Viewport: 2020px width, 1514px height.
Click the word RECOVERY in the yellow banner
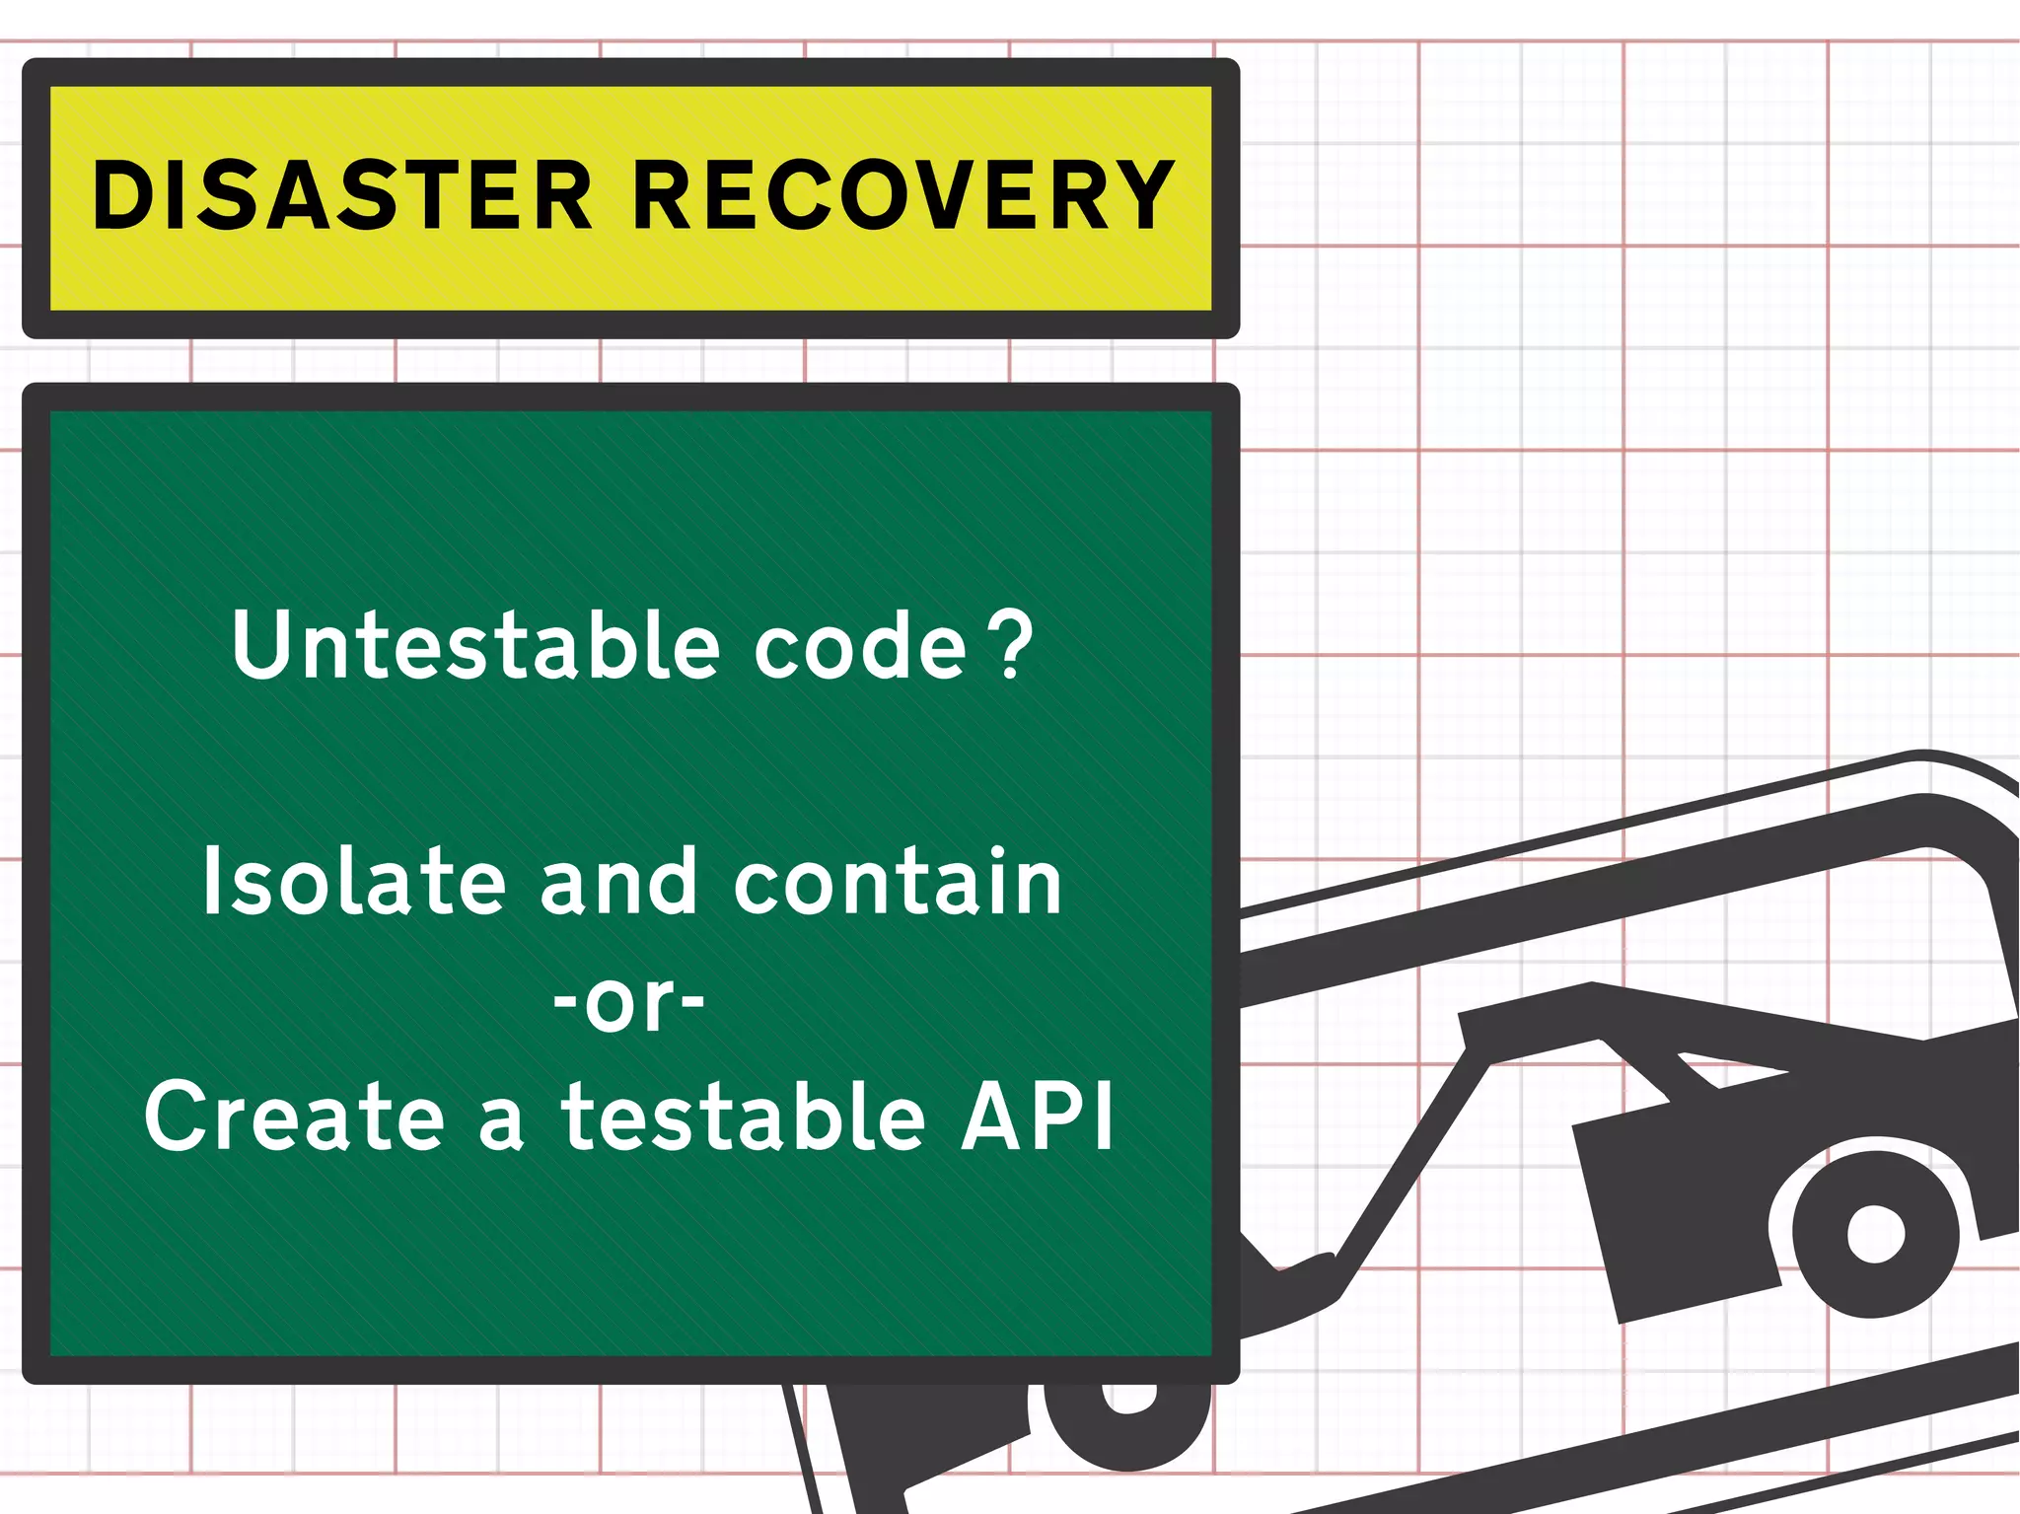(x=902, y=196)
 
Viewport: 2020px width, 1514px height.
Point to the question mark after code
(x=1012, y=645)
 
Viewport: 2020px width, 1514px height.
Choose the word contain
(x=898, y=882)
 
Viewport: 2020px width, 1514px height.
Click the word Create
(x=295, y=1117)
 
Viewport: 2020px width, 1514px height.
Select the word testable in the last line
(x=744, y=1117)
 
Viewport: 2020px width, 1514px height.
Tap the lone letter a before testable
(x=501, y=1124)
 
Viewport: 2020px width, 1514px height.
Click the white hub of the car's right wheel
(x=1875, y=1234)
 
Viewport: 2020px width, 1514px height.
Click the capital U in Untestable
(x=259, y=645)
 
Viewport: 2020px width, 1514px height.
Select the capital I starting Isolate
(x=210, y=882)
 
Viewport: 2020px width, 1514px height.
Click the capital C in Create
(x=178, y=1117)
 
